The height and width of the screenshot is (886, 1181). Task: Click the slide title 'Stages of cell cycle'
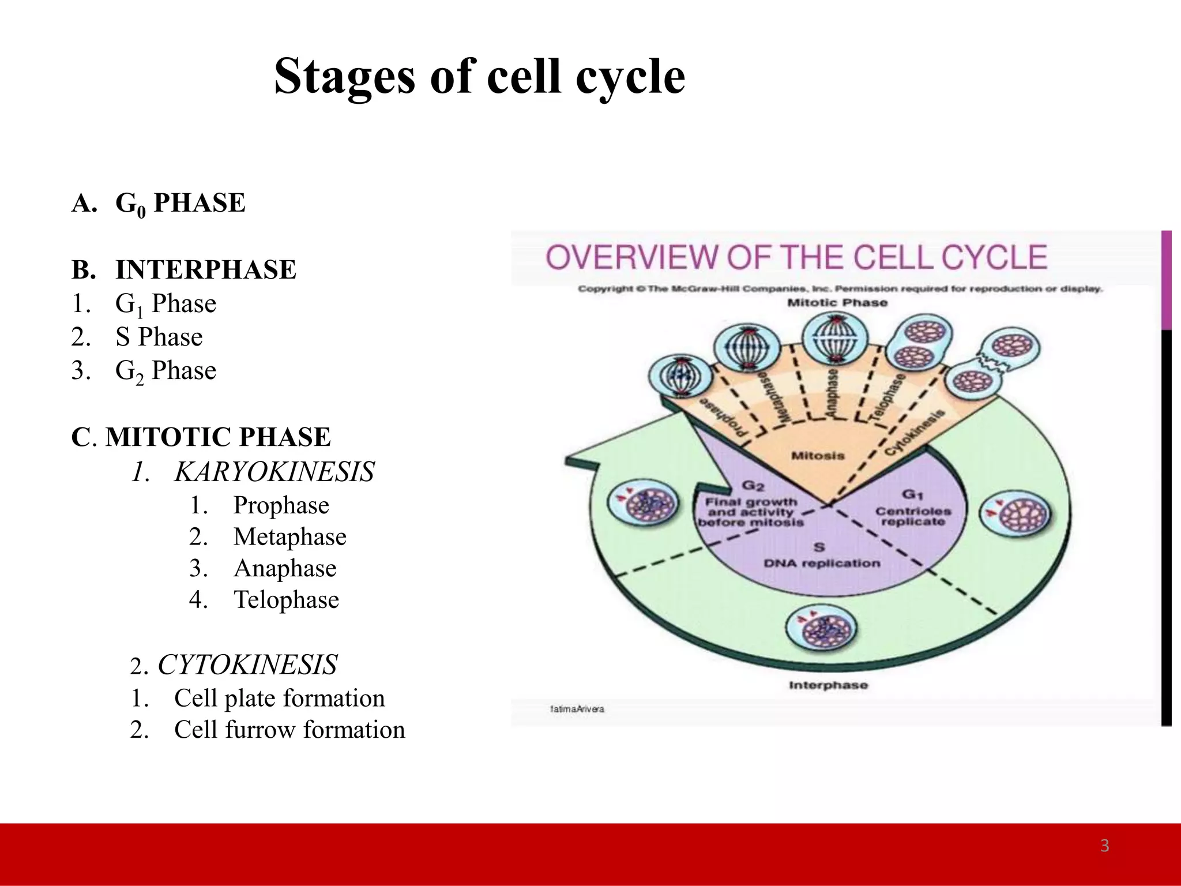(479, 77)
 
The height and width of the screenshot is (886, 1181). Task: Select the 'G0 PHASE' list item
(180, 204)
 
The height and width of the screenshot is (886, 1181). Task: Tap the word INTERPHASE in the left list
(206, 270)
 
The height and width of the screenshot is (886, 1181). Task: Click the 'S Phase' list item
(159, 337)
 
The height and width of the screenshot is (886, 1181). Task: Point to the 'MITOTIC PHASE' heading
(218, 437)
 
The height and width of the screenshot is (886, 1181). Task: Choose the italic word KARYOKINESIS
(274, 472)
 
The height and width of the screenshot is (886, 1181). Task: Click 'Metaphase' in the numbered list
(289, 537)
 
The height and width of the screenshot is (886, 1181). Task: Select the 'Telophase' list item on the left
(286, 600)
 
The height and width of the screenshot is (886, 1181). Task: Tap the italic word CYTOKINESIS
(247, 664)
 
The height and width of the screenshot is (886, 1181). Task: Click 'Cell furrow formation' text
(289, 730)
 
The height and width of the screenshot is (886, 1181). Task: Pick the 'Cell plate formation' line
(279, 698)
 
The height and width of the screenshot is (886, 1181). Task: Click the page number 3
(1104, 846)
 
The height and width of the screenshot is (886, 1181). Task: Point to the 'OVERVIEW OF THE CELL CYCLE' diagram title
(796, 257)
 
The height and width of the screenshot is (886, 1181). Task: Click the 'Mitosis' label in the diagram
(818, 456)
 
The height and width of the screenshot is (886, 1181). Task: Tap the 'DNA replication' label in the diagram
(822, 563)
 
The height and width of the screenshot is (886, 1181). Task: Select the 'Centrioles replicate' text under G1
(913, 516)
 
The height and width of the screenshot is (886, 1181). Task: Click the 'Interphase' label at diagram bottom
(828, 685)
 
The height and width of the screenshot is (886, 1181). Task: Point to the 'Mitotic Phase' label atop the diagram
(837, 303)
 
